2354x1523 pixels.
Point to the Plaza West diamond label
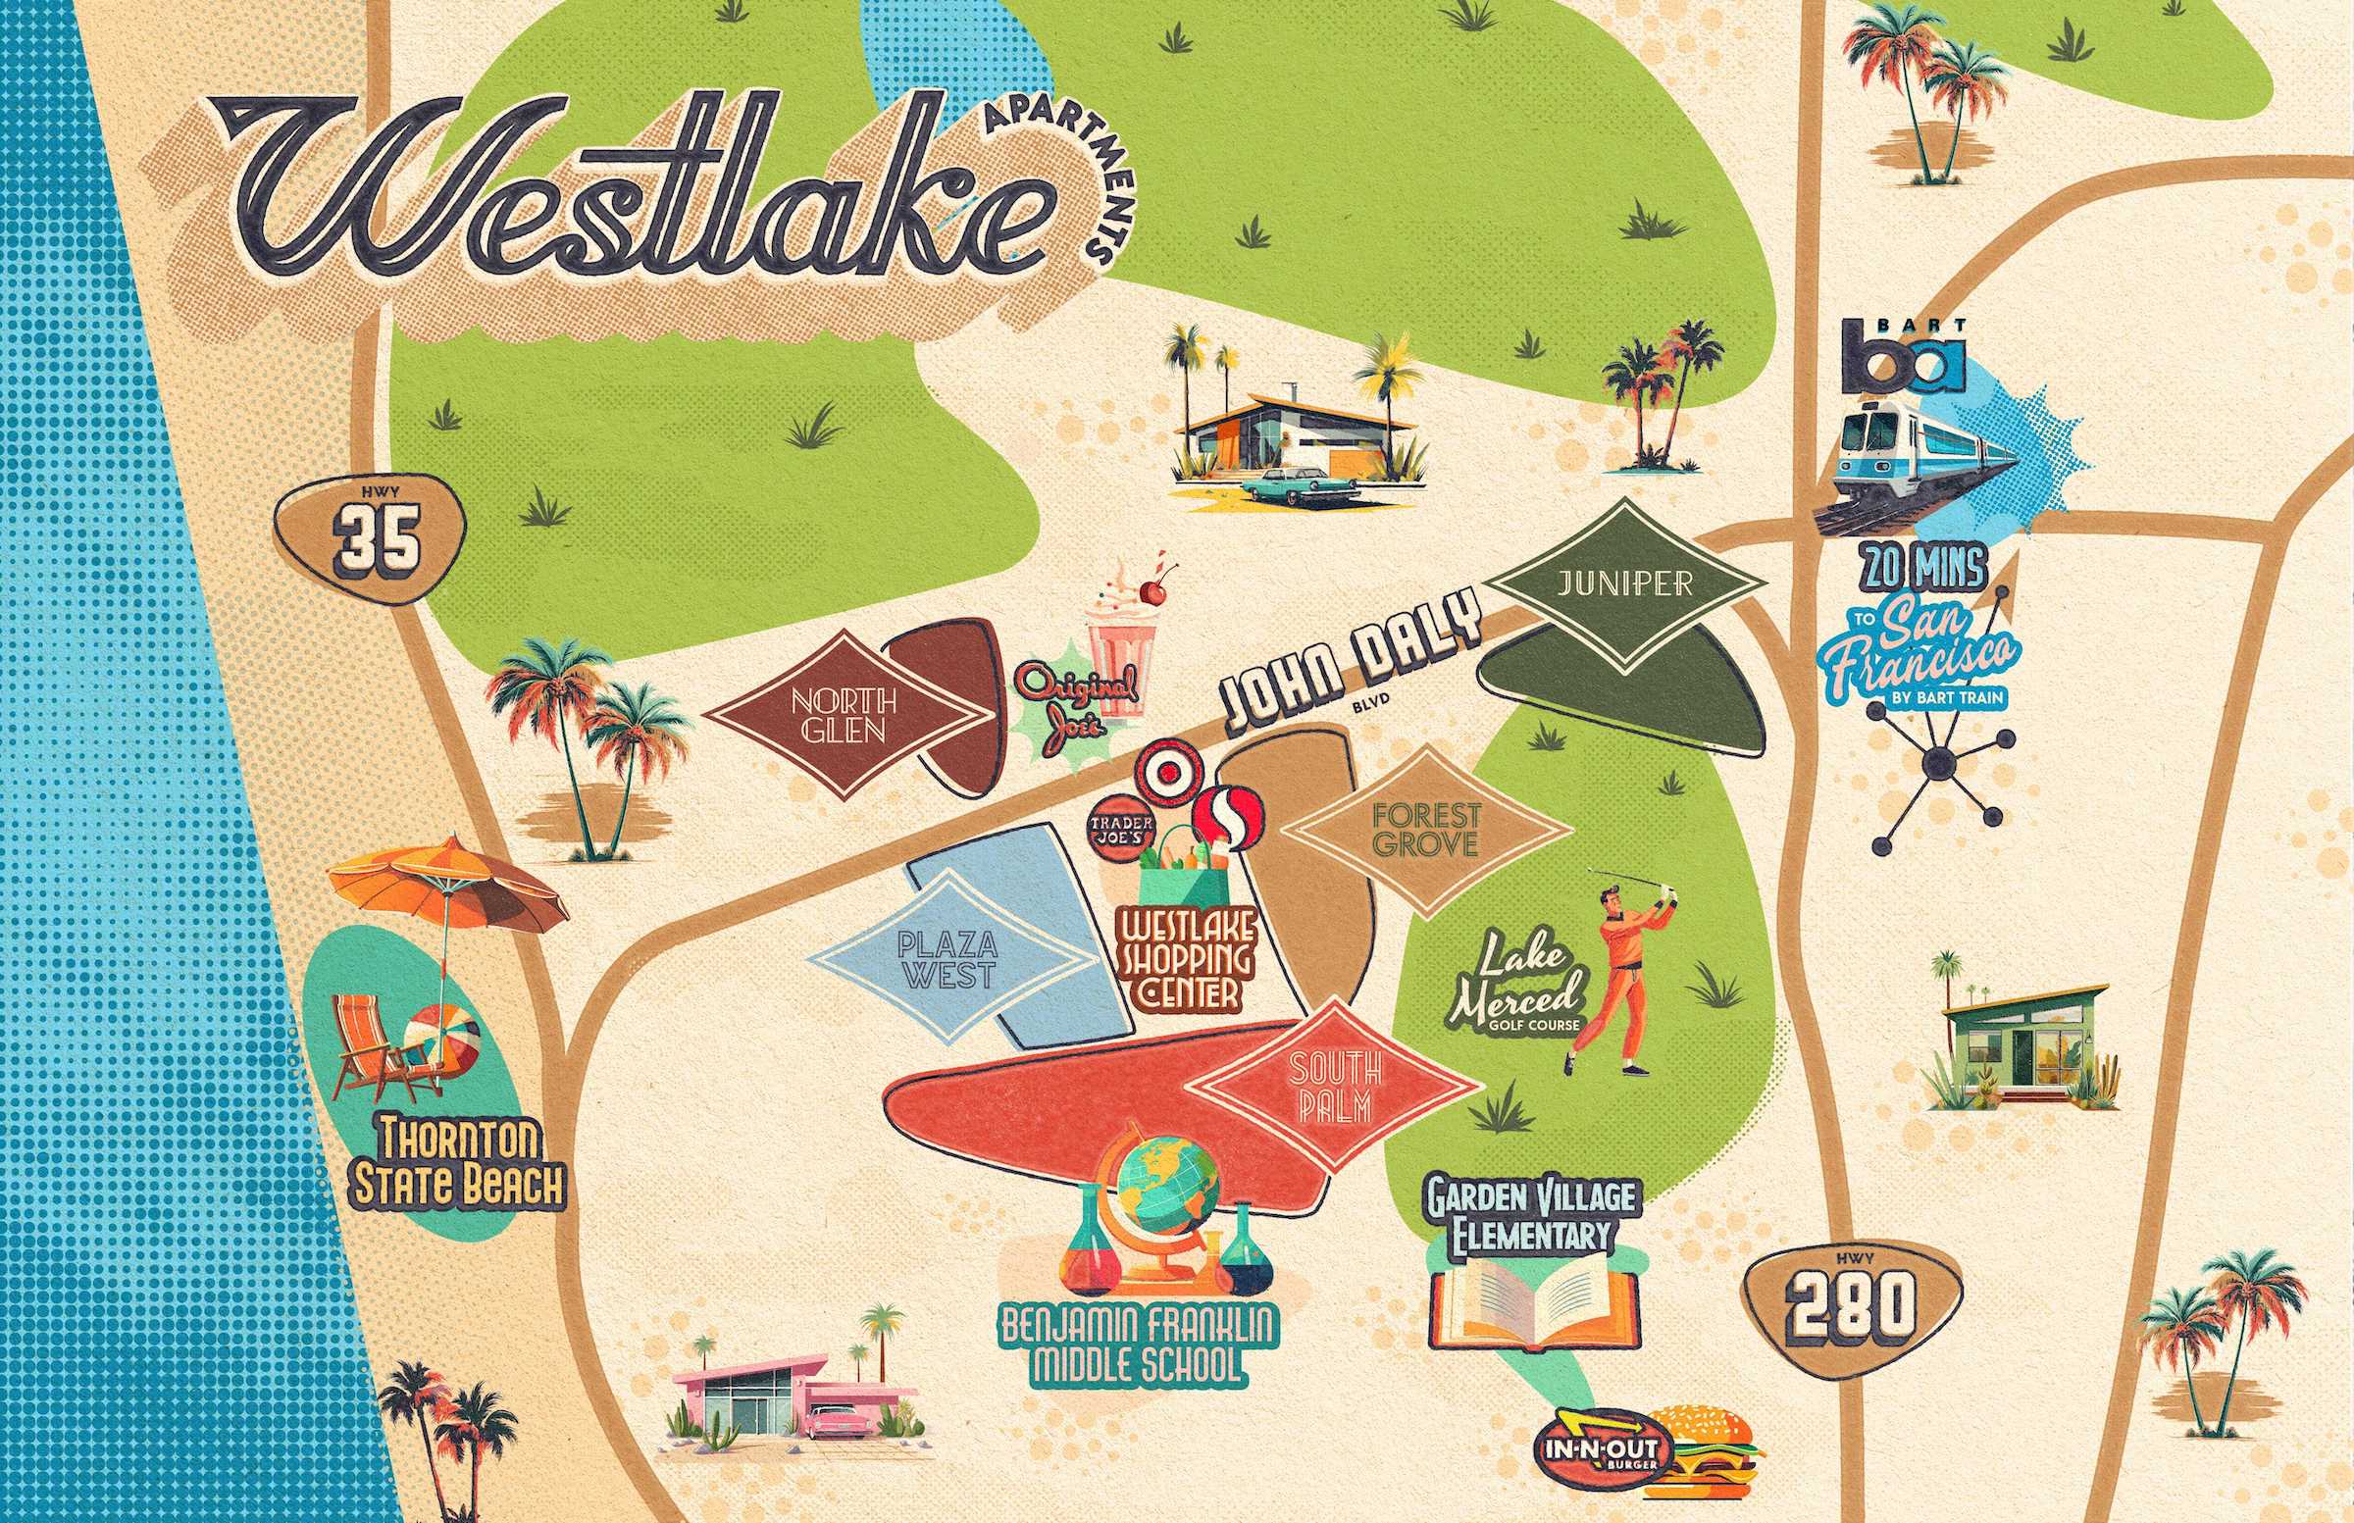click(948, 959)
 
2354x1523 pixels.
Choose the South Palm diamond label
click(1330, 1088)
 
